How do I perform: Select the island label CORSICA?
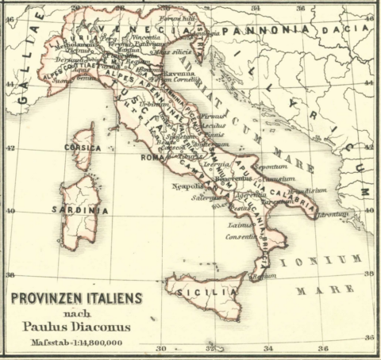pyautogui.click(x=84, y=147)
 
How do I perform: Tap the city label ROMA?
pyautogui.click(x=152, y=156)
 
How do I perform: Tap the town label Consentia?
pyautogui.click(x=241, y=236)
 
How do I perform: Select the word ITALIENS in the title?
pyautogui.click(x=111, y=298)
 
